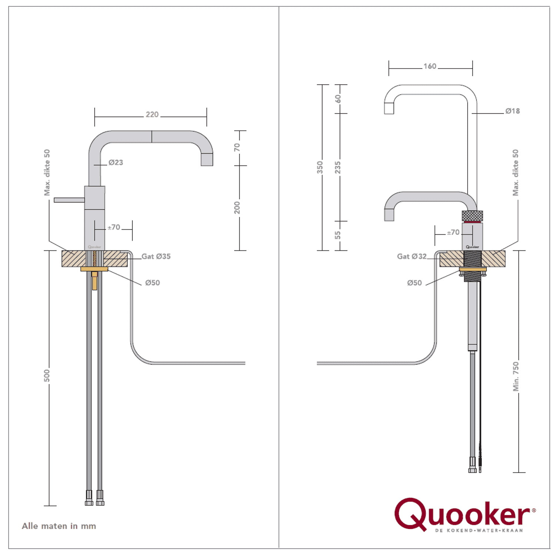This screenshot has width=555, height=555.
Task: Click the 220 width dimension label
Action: [152, 115]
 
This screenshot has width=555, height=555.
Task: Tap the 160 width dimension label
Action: [430, 66]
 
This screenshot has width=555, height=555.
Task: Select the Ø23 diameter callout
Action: [115, 162]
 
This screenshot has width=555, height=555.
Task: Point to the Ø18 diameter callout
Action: [512, 111]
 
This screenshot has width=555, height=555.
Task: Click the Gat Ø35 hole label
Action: [156, 256]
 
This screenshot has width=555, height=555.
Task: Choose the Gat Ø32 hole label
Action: [411, 256]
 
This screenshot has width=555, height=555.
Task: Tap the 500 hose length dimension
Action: [47, 376]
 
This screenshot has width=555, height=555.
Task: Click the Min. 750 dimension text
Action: [516, 376]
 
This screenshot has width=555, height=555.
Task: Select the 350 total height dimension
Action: [320, 167]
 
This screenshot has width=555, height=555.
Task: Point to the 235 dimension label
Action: [337, 167]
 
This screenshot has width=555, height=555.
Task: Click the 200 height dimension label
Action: [237, 208]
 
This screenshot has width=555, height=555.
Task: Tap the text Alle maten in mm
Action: [59, 526]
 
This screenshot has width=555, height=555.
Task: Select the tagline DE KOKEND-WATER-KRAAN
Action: [479, 531]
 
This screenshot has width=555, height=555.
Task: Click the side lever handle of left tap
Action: [69, 200]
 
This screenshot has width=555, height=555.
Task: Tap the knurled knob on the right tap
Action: [472, 215]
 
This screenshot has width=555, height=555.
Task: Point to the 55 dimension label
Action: [337, 235]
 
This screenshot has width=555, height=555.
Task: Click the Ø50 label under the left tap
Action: [152, 283]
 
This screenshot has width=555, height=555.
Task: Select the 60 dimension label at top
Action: [338, 99]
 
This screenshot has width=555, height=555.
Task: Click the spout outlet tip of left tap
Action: [207, 160]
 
